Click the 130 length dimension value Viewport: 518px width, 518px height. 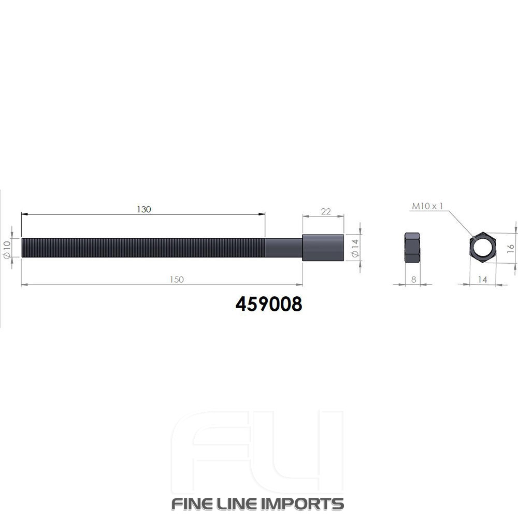[x=143, y=209]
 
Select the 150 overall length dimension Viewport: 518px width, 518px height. [x=177, y=280]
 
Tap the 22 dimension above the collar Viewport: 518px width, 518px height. [x=326, y=211]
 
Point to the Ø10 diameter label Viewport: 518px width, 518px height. [x=7, y=249]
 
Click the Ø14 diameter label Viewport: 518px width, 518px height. [x=355, y=249]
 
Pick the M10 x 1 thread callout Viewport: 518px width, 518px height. [x=427, y=206]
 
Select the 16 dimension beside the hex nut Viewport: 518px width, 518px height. [x=510, y=249]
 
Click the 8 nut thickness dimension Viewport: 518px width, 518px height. [x=413, y=280]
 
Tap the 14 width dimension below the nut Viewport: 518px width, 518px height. [x=483, y=280]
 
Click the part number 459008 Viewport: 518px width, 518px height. [x=268, y=304]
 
